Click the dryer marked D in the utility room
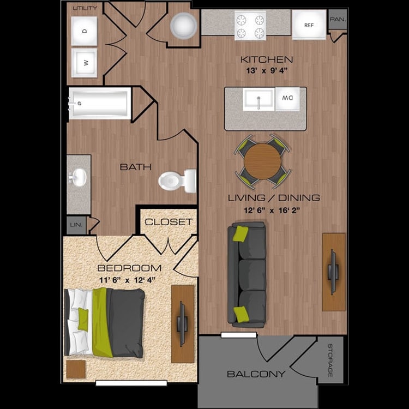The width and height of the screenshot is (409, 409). pyautogui.click(x=84, y=31)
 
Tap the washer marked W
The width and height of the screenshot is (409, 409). pyautogui.click(x=84, y=63)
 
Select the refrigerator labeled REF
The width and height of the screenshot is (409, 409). pyautogui.click(x=309, y=25)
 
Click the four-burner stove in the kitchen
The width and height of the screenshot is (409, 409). pyautogui.click(x=250, y=26)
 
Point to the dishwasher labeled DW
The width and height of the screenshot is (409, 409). pyautogui.click(x=287, y=99)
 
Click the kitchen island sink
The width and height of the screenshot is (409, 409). pyautogui.click(x=258, y=99)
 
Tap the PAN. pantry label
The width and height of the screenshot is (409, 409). pyautogui.click(x=338, y=19)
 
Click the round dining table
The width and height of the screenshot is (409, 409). pyautogui.click(x=262, y=161)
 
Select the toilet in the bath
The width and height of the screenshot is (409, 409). pyautogui.click(x=177, y=181)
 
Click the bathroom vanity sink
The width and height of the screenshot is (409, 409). pyautogui.click(x=78, y=177)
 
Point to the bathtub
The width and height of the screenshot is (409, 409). pyautogui.click(x=100, y=103)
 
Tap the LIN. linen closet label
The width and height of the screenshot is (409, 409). pyautogui.click(x=76, y=225)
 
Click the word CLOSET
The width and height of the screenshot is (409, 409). pyautogui.click(x=169, y=222)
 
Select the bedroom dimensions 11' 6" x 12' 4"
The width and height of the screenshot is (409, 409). pyautogui.click(x=127, y=280)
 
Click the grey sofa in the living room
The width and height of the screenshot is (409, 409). pyautogui.click(x=246, y=275)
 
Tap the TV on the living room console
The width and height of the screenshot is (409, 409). pyautogui.click(x=333, y=272)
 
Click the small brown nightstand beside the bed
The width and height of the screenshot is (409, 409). pyautogui.click(x=76, y=369)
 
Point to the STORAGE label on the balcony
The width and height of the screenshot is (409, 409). pyautogui.click(x=330, y=360)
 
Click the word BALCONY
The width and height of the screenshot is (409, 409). pyautogui.click(x=256, y=374)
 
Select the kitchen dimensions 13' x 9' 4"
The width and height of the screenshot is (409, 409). pyautogui.click(x=267, y=70)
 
